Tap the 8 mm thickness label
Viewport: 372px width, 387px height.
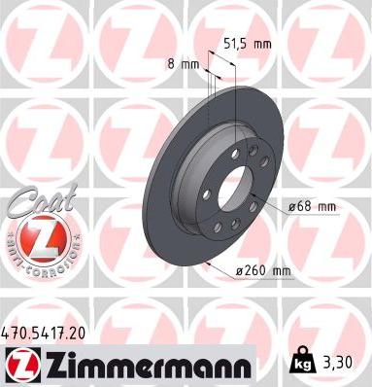tap(184, 63)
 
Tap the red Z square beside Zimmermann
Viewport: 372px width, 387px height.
tap(18, 366)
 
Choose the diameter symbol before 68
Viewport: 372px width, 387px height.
tap(290, 207)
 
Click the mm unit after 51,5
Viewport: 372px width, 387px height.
tap(261, 43)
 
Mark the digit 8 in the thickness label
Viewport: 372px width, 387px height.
tap(172, 63)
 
